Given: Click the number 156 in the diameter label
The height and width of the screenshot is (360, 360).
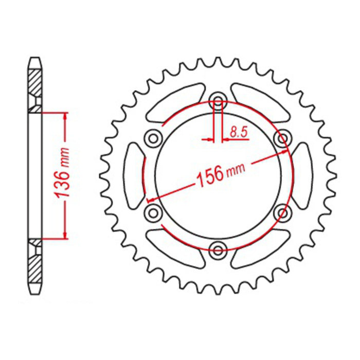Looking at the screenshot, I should (209, 175).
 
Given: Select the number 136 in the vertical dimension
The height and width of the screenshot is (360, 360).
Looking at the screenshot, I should (63, 181).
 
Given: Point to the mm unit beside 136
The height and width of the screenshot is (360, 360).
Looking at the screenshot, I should (65, 155).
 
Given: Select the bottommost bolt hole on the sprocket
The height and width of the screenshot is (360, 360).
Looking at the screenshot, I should (218, 250).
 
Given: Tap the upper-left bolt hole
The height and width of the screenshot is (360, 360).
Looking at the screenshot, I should (152, 137).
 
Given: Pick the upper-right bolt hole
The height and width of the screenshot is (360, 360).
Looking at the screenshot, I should (282, 137).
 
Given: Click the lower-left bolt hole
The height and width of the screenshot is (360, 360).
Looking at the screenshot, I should (152, 212).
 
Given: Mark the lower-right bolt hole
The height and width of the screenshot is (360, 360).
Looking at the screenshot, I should (282, 212).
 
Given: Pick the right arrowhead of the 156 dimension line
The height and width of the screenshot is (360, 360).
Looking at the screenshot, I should (286, 152).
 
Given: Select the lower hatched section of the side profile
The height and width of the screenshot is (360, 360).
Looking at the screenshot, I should (34, 270).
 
